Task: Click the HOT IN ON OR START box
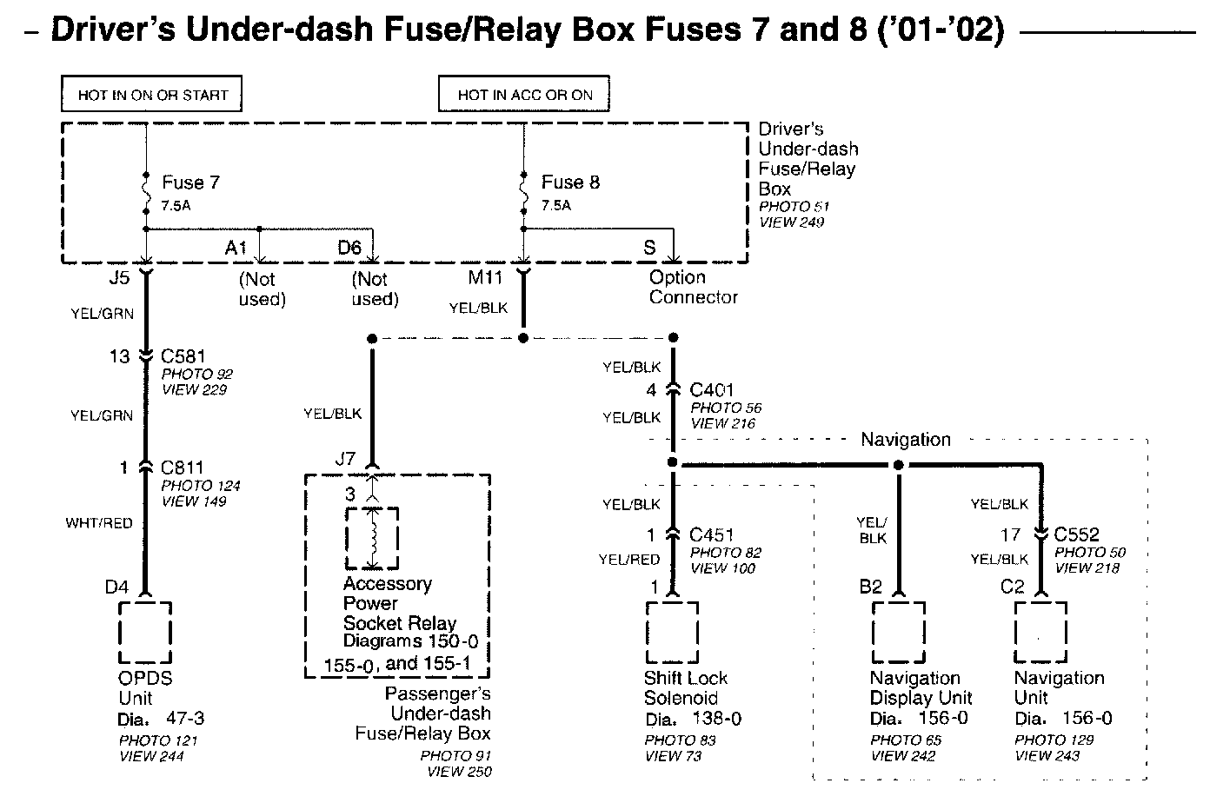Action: tap(151, 95)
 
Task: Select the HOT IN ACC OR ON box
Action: tap(524, 95)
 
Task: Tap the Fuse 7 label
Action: tap(190, 183)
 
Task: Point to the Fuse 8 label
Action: tap(570, 182)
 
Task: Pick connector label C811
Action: tap(182, 468)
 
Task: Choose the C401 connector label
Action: tap(710, 390)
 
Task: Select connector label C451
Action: tap(710, 535)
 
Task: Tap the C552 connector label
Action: tap(1076, 535)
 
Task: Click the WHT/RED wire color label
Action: tap(99, 523)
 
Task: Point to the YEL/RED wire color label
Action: tap(629, 560)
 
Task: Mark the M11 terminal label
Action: tap(486, 277)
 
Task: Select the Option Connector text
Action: tap(693, 288)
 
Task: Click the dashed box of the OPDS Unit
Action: tap(145, 633)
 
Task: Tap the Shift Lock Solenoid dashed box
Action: tap(672, 633)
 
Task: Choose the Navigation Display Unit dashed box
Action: tap(898, 633)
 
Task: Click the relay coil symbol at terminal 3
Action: tap(373, 538)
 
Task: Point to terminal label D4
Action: tap(116, 587)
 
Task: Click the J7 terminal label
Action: tap(345, 458)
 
